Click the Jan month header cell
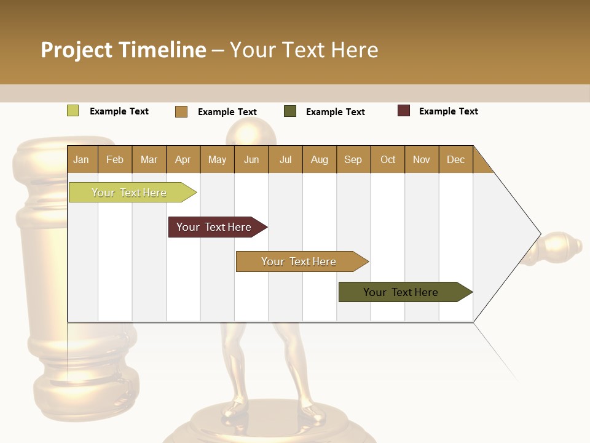point(82,159)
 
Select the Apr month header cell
point(183,159)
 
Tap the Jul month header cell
point(285,159)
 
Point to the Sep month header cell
point(353,159)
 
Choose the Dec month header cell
point(455,159)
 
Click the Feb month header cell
point(115,159)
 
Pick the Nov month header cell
point(422,159)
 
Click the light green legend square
point(73,111)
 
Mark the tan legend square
point(181,111)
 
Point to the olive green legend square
point(290,111)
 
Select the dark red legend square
point(404,111)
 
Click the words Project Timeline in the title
point(124,50)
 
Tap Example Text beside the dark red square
point(448,111)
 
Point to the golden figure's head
point(250,132)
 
